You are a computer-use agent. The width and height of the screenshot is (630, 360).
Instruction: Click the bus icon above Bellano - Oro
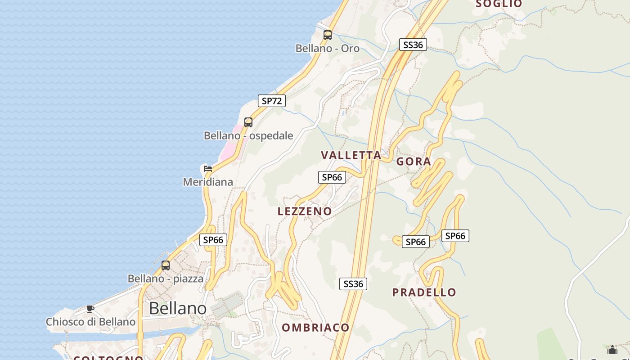pyautogui.click(x=328, y=35)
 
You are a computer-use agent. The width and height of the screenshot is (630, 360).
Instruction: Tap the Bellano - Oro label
pyautogui.click(x=327, y=48)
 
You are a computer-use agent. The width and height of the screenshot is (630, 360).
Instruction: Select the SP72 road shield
pyautogui.click(x=272, y=101)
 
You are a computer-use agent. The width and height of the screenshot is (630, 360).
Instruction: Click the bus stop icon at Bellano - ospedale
pyautogui.click(x=248, y=122)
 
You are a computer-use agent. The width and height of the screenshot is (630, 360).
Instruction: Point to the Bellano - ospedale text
pyautogui.click(x=248, y=135)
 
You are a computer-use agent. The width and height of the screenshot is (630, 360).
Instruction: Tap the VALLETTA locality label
pyautogui.click(x=351, y=155)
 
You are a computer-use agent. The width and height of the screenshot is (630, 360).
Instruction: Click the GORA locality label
pyautogui.click(x=414, y=162)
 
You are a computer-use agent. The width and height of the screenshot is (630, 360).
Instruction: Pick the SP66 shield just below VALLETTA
pyautogui.click(x=332, y=177)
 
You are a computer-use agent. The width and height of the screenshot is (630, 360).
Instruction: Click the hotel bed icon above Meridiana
pyautogui.click(x=207, y=169)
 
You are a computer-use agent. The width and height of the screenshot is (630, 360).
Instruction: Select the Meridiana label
pyautogui.click(x=208, y=182)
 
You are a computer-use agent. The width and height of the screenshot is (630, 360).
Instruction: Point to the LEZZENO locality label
pyautogui.click(x=305, y=211)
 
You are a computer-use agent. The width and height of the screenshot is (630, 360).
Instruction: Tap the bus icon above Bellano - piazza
pyautogui.click(x=166, y=265)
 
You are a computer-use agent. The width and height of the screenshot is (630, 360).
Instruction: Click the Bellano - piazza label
pyautogui.click(x=166, y=279)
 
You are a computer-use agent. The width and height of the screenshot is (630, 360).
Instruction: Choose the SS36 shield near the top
pyautogui.click(x=413, y=45)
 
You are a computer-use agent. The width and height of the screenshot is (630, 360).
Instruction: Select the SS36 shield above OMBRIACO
pyautogui.click(x=353, y=284)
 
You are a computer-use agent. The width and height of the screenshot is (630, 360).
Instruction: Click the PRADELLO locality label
pyautogui.click(x=424, y=292)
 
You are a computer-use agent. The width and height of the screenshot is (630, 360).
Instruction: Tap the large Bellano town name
pyautogui.click(x=178, y=308)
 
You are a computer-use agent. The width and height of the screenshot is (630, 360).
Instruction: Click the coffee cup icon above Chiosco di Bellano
pyautogui.click(x=90, y=309)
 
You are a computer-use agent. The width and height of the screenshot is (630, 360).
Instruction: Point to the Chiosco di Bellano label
pyautogui.click(x=90, y=322)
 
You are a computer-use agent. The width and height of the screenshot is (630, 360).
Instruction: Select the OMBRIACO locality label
pyautogui.click(x=315, y=328)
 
